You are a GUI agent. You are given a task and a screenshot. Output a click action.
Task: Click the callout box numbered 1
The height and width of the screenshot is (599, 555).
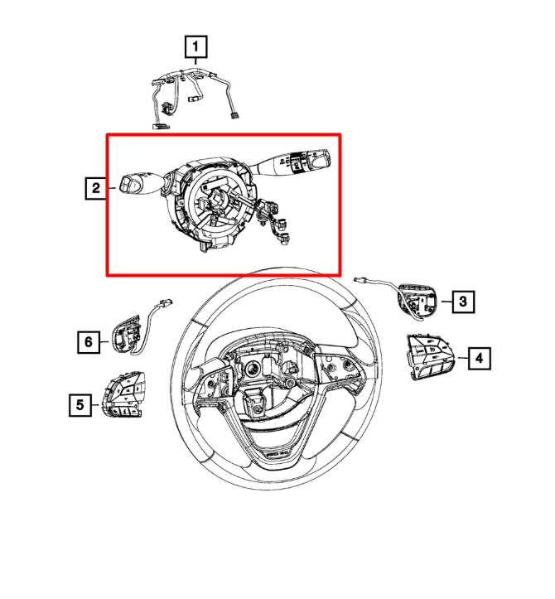[x=196, y=46]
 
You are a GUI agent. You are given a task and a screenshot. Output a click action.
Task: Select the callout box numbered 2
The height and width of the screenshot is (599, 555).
[x=95, y=188]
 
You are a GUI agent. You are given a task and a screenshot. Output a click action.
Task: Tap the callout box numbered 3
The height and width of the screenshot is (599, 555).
[x=463, y=302]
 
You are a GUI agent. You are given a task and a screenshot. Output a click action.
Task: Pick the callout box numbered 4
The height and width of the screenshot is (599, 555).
[x=480, y=359]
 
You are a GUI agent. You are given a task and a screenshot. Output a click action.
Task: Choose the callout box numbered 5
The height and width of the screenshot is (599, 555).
[x=80, y=404]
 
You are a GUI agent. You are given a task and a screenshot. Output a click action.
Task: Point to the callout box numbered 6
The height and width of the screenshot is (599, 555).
[x=89, y=341]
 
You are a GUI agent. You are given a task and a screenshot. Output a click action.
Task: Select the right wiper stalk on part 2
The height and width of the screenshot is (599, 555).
[x=290, y=163]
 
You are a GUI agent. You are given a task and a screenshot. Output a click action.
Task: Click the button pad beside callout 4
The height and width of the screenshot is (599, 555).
[x=431, y=356]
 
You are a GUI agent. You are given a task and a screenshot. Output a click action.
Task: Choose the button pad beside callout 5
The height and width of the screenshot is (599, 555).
[x=123, y=394]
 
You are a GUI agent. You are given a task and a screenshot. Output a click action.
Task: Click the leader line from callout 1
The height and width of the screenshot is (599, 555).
[x=196, y=61]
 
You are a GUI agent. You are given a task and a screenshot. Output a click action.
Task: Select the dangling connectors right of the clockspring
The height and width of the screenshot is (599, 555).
[x=274, y=220]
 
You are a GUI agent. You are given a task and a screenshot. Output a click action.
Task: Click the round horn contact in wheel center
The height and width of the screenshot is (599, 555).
[x=253, y=370]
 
